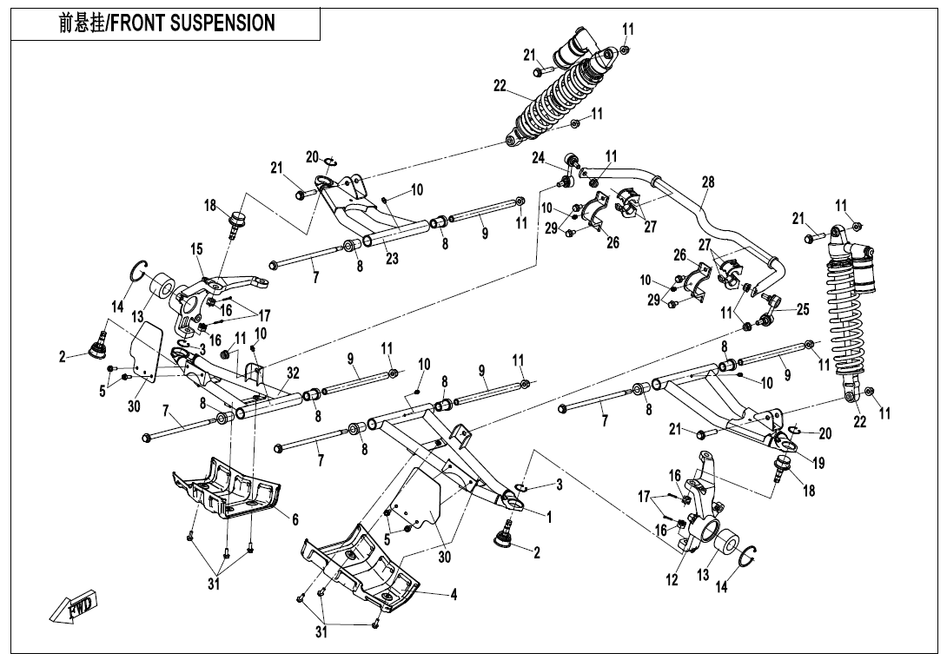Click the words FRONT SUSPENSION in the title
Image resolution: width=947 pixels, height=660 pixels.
tap(205, 23)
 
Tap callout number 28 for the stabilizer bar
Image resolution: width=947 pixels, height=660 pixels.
tap(708, 182)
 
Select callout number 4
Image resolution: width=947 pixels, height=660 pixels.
tap(454, 595)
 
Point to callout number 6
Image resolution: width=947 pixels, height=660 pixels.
tap(295, 519)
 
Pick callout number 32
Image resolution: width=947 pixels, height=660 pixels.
tap(293, 373)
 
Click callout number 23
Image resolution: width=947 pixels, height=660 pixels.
tap(392, 258)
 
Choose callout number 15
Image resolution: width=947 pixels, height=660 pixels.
tap(196, 249)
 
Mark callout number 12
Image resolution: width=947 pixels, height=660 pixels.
tap(672, 580)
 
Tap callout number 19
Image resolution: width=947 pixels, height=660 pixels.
tap(818, 462)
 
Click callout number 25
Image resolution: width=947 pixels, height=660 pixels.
tap(802, 309)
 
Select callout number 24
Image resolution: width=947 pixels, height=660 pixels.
tap(539, 158)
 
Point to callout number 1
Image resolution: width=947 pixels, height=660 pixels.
tap(549, 517)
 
